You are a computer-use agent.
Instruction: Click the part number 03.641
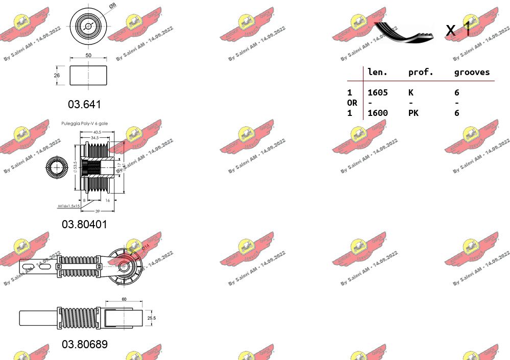coord(85,104)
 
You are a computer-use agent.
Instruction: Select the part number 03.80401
coord(85,224)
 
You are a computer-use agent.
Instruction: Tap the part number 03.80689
coord(85,344)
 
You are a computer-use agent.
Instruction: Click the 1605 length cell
coord(378,92)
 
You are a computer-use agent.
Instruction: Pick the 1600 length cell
coord(378,113)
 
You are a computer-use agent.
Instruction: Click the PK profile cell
coord(413,113)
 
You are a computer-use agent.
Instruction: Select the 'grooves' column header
coord(472,72)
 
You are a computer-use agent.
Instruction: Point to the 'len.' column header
coord(378,72)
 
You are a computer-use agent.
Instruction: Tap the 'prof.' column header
coord(421,72)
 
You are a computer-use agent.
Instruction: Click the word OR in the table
coord(352,103)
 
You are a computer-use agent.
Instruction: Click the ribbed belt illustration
coord(403,32)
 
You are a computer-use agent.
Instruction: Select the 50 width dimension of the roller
coord(88,55)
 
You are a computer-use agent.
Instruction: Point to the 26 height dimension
coord(57,75)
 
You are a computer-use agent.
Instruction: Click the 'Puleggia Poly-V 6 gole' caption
coord(84,124)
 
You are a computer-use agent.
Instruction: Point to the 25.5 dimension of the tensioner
coord(151,318)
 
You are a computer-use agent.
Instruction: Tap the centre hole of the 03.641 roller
coord(88,26)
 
